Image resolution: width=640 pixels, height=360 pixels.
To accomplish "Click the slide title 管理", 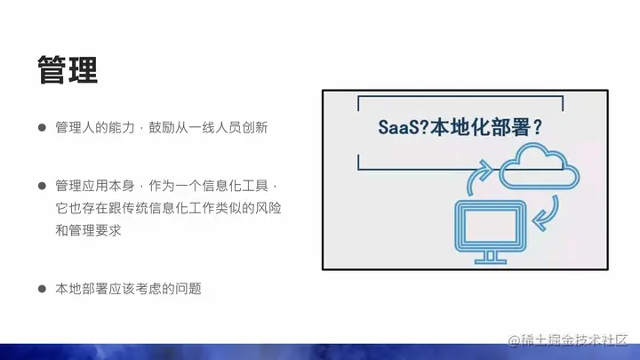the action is point(68,70).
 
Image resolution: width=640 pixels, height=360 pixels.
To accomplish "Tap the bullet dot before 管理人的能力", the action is point(42,128).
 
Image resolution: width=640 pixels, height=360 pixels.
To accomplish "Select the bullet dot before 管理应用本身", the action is point(42,186).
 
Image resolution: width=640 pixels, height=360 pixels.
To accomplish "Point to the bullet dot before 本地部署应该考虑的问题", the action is point(42,289).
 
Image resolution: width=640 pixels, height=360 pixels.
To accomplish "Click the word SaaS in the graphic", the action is point(398,127).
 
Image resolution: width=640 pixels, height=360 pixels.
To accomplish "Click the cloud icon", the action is point(540,166).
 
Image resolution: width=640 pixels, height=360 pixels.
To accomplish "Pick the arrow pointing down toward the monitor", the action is point(547,214).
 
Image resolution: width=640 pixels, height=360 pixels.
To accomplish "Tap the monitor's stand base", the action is point(491,260).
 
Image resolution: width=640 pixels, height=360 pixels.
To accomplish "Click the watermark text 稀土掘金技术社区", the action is point(574,340).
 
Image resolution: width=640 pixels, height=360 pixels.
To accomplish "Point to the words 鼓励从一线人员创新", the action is point(208,128).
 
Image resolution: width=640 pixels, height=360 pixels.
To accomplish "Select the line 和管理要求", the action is point(88,230).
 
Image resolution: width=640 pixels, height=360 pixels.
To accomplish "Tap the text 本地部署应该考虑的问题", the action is point(129,289).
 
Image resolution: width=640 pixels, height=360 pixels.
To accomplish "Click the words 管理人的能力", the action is point(95,128).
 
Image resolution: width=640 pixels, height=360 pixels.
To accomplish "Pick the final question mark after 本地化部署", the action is point(537,127).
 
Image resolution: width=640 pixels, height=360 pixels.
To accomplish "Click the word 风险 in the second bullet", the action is point(268,208).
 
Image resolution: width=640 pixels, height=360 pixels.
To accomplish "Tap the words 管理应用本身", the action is point(95,186).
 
